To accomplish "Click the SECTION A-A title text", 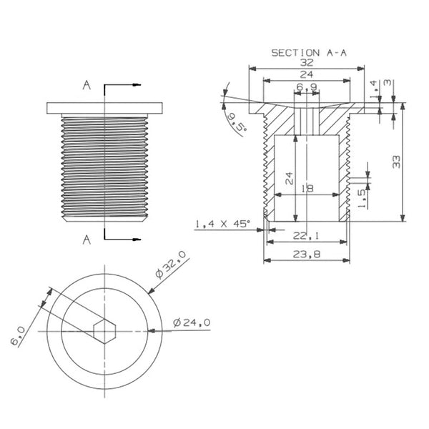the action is click(x=309, y=53).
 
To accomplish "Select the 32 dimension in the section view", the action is click(x=307, y=63).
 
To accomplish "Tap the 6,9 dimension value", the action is click(x=307, y=87).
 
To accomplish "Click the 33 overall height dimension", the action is click(x=396, y=162).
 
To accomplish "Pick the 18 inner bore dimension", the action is click(x=307, y=189).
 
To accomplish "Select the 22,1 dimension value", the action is click(x=306, y=236).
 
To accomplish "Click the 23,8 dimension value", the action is click(x=307, y=255).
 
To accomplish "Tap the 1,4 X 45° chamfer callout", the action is click(x=222, y=224).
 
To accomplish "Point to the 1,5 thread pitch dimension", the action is click(x=362, y=199).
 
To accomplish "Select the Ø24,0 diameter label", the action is click(x=192, y=323).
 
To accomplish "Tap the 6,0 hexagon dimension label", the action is click(x=18, y=335).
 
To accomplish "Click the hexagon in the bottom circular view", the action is click(x=104, y=331).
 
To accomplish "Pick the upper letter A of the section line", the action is click(x=87, y=85).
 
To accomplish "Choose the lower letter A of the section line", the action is click(x=87, y=240).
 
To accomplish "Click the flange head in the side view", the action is click(x=104, y=108).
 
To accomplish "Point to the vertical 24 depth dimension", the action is click(x=289, y=178).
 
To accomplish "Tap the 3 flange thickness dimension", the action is click(x=388, y=82).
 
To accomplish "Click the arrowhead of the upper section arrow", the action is click(x=137, y=85).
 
